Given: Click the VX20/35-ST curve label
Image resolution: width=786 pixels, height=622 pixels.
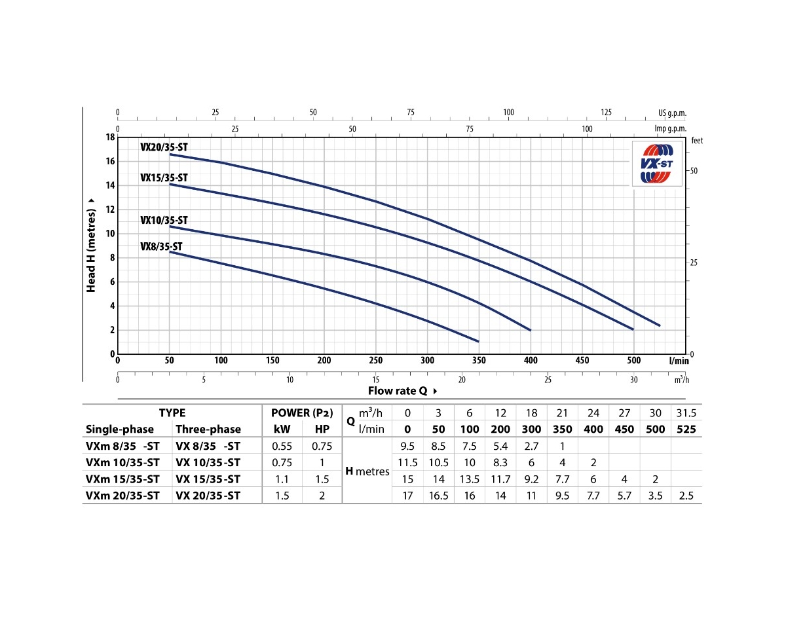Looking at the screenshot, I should pyautogui.click(x=164, y=147).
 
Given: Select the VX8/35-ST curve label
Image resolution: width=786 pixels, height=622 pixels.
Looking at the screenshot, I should pyautogui.click(x=161, y=247).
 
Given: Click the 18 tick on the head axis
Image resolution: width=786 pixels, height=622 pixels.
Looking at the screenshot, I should pyautogui.click(x=111, y=137).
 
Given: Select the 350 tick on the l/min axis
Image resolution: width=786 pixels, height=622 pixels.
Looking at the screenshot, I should pyautogui.click(x=479, y=361).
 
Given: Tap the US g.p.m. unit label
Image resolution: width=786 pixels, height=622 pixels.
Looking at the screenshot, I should pyautogui.click(x=673, y=113).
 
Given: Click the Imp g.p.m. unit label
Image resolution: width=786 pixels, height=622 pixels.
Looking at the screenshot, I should pyautogui.click(x=671, y=129).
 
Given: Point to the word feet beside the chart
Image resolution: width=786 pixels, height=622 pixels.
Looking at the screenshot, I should pyautogui.click(x=697, y=141).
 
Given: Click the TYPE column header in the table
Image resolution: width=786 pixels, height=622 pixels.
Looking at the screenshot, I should pyautogui.click(x=172, y=413).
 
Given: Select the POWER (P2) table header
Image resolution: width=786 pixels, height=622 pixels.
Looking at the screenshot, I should pyautogui.click(x=302, y=413).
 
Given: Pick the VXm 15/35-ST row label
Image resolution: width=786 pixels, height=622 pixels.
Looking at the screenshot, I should pyautogui.click(x=122, y=479).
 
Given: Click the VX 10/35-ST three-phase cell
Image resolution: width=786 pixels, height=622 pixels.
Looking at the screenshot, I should pyautogui.click(x=208, y=463).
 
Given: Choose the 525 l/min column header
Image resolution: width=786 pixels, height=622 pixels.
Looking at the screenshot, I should pyautogui.click(x=685, y=430).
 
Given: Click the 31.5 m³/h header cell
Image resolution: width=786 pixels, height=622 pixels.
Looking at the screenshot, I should pyautogui.click(x=685, y=413).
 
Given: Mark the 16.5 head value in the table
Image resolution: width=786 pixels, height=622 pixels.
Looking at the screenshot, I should pyautogui.click(x=438, y=496).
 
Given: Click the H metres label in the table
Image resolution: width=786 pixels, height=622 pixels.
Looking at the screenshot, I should pyautogui.click(x=367, y=471).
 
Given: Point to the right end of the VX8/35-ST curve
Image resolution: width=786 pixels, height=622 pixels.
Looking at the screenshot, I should pyautogui.click(x=479, y=341).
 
